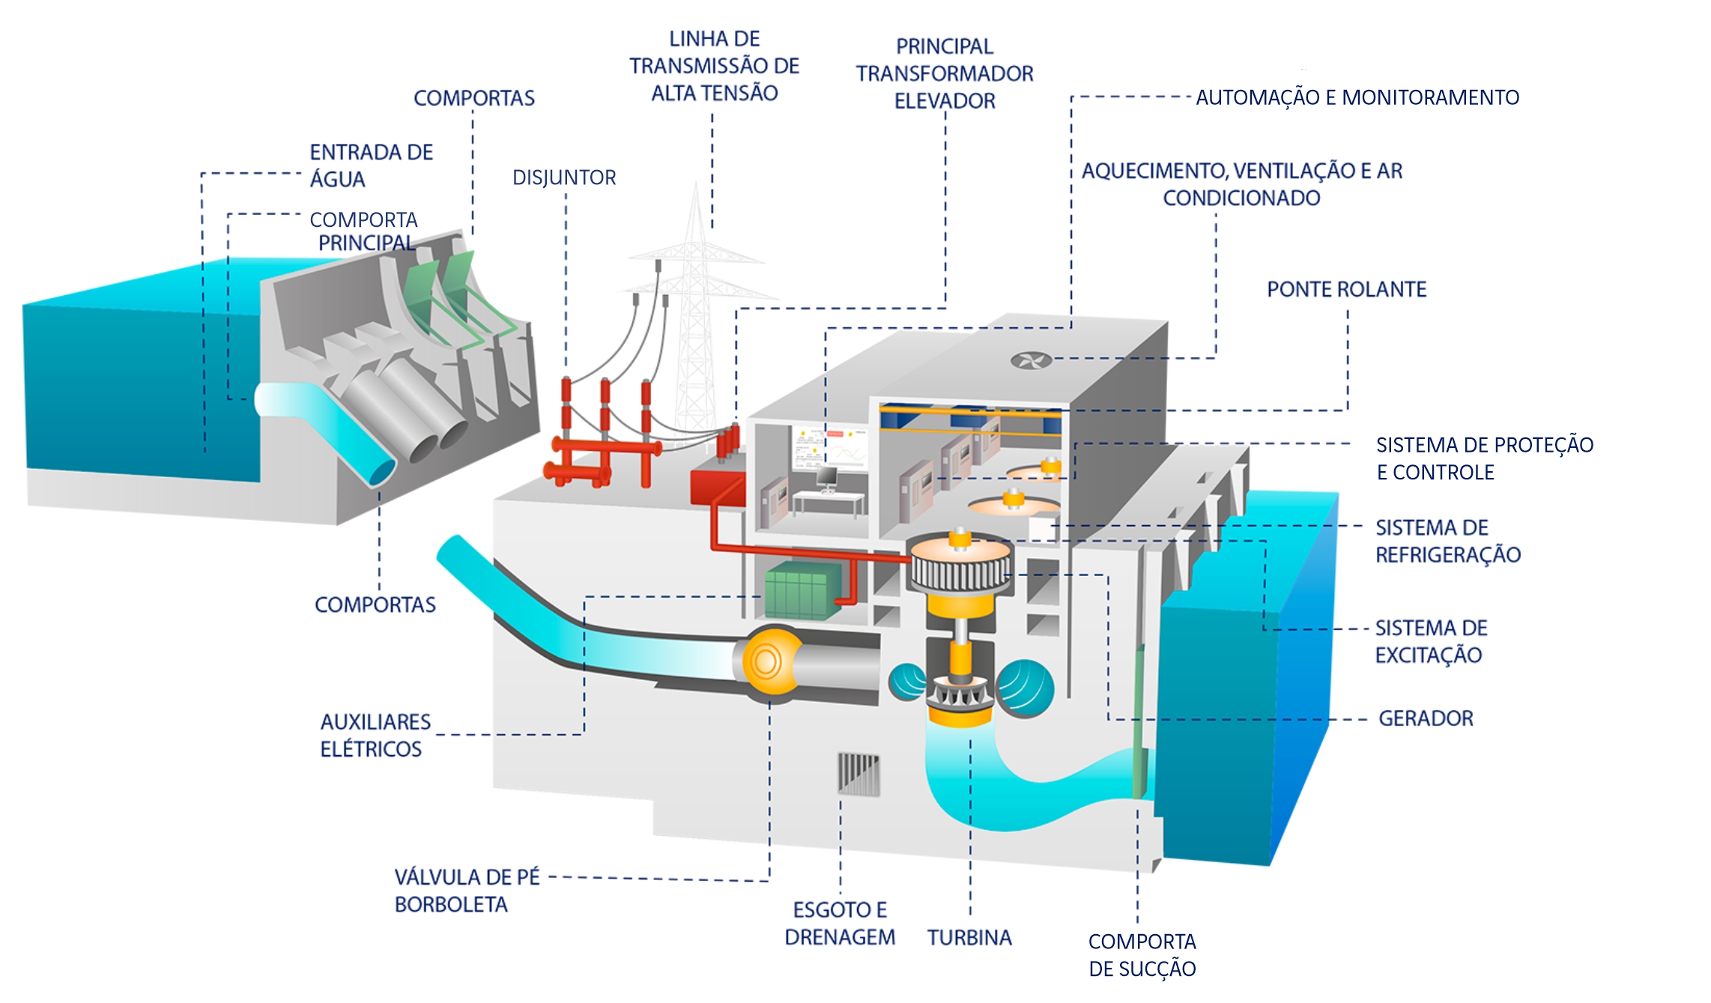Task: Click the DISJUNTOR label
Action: point(564,178)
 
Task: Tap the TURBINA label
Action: point(969,938)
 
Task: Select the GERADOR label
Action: point(1426,718)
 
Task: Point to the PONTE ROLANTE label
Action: point(1346,290)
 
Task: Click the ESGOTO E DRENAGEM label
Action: point(840,924)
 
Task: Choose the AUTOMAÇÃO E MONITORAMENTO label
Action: point(1357,98)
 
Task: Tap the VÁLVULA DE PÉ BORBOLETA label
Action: point(466,891)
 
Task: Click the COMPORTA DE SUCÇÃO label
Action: point(1142,955)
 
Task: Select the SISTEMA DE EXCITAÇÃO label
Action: point(1430,642)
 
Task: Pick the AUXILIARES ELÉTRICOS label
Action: point(375,736)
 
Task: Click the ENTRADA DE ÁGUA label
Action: point(371,166)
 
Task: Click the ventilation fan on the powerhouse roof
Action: point(1031,361)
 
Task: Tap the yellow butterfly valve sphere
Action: point(767,661)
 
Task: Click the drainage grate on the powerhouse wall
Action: point(858,773)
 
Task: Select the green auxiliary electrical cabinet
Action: point(802,590)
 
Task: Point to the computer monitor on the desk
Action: point(826,476)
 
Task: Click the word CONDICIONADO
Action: point(1241,199)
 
